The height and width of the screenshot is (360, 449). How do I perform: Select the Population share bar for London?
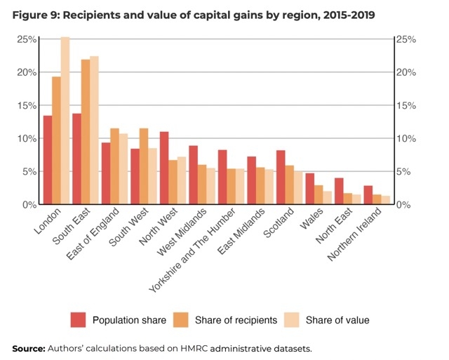[x=48, y=160]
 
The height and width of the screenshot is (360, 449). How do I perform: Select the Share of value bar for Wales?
[x=328, y=198]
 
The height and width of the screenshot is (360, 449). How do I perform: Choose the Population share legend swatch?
[x=79, y=319]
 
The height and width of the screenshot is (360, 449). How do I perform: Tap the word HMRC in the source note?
[x=180, y=348]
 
